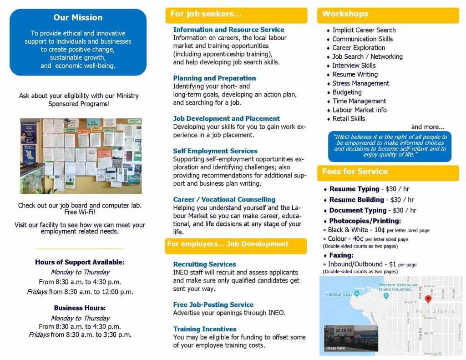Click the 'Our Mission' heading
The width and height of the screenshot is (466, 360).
tap(78, 18)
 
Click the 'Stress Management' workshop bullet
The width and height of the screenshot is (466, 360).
tap(360, 83)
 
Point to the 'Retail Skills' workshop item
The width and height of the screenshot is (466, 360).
tap(349, 119)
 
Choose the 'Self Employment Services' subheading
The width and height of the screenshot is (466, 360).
tap(215, 151)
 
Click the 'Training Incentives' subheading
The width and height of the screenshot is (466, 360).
tap(205, 329)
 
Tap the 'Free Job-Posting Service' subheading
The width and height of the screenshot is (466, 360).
tap(213, 305)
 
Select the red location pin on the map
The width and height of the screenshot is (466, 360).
tap(428, 299)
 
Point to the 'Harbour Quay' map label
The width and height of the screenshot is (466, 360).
tap(339, 294)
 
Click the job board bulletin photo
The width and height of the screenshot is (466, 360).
tap(81, 156)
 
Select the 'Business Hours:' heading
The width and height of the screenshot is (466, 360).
tap(80, 308)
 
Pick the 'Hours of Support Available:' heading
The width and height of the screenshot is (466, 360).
tap(80, 262)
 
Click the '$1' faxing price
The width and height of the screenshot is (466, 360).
tap(392, 264)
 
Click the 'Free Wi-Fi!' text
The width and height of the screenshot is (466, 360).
tap(80, 212)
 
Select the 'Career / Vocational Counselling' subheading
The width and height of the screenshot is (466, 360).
tap(224, 199)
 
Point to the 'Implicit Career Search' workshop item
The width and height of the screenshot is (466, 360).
tap(364, 30)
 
